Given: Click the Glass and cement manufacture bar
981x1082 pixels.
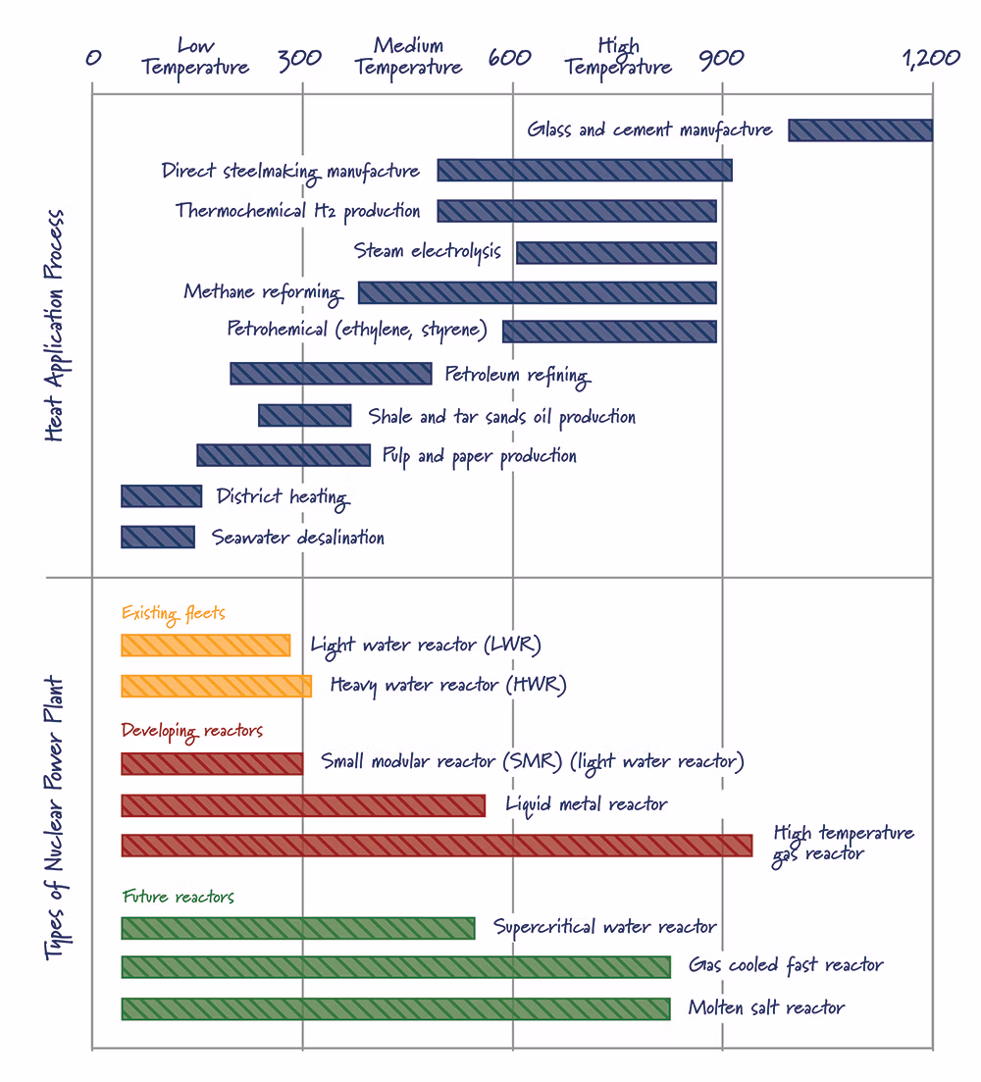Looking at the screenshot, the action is (x=860, y=130).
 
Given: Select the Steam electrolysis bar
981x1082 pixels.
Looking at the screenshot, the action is (x=617, y=252).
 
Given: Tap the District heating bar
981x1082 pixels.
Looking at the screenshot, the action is (x=162, y=496).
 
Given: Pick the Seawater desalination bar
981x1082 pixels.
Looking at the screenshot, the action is (x=158, y=537).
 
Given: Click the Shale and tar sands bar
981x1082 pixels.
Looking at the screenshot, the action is (x=305, y=415).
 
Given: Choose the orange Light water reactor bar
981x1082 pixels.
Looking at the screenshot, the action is (x=206, y=645).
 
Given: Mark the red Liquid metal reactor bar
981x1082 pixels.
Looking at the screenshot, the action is (x=303, y=805).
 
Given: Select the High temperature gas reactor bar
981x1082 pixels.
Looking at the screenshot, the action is (x=437, y=846).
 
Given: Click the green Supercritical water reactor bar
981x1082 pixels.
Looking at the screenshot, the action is (x=298, y=928).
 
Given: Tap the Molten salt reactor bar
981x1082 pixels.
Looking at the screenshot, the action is (x=396, y=1008).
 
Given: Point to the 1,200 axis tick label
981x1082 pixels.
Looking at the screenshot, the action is (x=931, y=58).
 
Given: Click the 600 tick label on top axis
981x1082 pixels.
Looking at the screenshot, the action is (x=510, y=57).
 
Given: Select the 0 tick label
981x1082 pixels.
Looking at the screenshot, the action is (x=93, y=57).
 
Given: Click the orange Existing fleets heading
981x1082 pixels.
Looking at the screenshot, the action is (x=174, y=613).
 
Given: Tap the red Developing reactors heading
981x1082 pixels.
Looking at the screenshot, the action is (x=191, y=731).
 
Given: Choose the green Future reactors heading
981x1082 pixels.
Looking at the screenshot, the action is (x=178, y=897).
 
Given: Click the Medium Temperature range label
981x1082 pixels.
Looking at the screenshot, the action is (x=408, y=57).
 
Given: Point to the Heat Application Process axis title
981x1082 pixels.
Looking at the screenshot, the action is (x=55, y=326).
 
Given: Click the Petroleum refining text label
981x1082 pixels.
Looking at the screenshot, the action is (x=518, y=376).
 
